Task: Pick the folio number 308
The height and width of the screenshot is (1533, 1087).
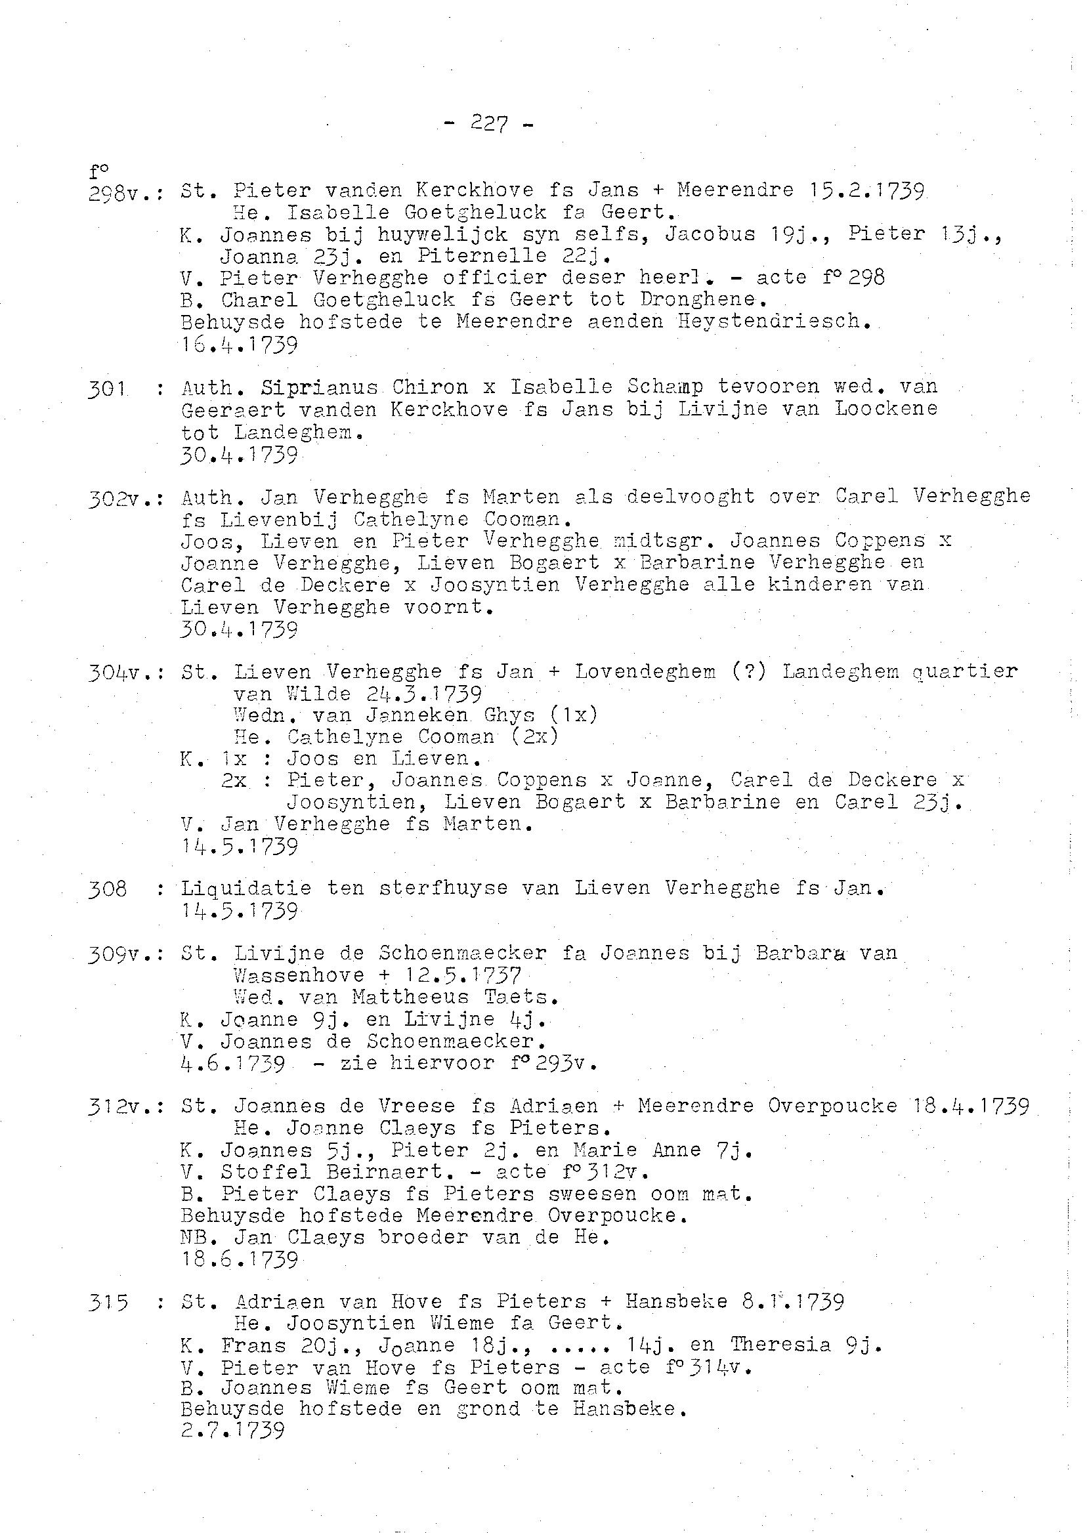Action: click(107, 889)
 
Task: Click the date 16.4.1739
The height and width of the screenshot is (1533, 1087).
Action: click(239, 345)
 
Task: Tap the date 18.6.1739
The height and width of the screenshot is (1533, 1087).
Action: click(239, 1261)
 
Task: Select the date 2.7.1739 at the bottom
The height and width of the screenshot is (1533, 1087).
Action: click(232, 1431)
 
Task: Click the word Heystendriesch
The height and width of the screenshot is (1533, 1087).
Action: click(774, 322)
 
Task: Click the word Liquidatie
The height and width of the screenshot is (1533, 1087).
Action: click(245, 889)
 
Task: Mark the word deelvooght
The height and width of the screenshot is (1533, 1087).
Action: click(690, 497)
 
